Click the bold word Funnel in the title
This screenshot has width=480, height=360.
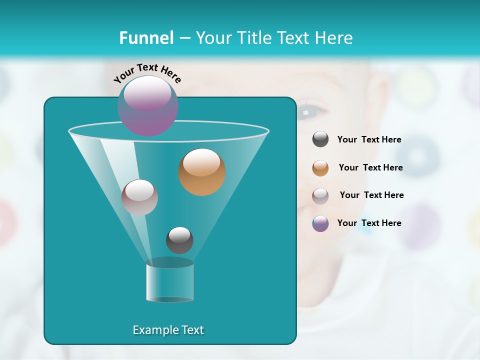pyautogui.click(x=146, y=38)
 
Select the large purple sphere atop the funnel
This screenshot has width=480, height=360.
pyautogui.click(x=148, y=105)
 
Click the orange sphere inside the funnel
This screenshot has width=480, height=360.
pyautogui.click(x=202, y=172)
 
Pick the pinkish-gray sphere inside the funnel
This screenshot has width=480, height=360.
pyautogui.click(x=139, y=197)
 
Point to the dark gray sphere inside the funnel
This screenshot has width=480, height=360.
pyautogui.click(x=179, y=240)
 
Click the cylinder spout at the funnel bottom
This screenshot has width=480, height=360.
pyautogui.click(x=169, y=281)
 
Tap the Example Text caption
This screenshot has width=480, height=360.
pyautogui.click(x=168, y=330)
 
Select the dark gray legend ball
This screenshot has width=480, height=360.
pyautogui.click(x=320, y=139)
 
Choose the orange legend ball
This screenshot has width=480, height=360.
pyautogui.click(x=320, y=168)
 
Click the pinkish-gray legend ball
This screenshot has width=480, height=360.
pyautogui.click(x=320, y=196)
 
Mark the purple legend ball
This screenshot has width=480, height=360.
pyautogui.click(x=320, y=223)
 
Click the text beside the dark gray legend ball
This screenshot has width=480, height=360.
pyautogui.click(x=369, y=140)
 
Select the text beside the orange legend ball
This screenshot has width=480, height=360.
pyautogui.click(x=370, y=167)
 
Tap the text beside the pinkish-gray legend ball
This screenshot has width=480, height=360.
pyautogui.click(x=371, y=195)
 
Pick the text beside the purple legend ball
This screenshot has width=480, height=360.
pyautogui.click(x=369, y=223)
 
